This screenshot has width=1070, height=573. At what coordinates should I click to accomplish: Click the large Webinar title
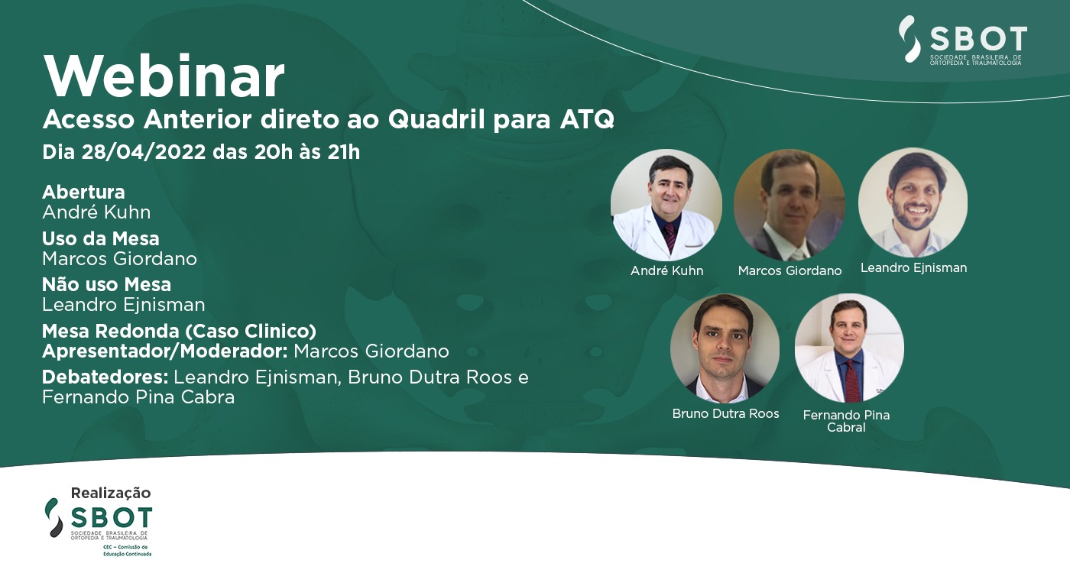click(164, 76)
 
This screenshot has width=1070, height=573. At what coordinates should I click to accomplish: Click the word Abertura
click(83, 192)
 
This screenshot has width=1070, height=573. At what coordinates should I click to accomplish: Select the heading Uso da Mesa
click(101, 238)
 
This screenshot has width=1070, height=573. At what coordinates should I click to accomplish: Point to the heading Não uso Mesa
click(106, 284)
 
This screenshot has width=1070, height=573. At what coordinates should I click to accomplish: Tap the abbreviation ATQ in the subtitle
click(587, 119)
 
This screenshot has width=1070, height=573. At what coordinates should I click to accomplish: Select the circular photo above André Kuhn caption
click(666, 206)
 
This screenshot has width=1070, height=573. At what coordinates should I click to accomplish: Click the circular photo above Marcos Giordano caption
click(789, 206)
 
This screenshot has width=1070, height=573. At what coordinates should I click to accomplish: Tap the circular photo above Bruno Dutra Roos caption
click(725, 348)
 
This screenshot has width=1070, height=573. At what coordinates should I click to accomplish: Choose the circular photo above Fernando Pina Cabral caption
click(849, 348)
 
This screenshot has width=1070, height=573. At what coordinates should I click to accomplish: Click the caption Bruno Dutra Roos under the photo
click(725, 413)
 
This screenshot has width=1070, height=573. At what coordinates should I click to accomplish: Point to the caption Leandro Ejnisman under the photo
click(914, 268)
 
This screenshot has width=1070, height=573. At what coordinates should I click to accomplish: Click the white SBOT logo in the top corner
click(962, 40)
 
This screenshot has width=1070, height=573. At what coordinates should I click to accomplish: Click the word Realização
click(111, 493)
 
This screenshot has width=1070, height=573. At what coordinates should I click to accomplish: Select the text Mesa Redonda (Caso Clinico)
click(179, 331)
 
